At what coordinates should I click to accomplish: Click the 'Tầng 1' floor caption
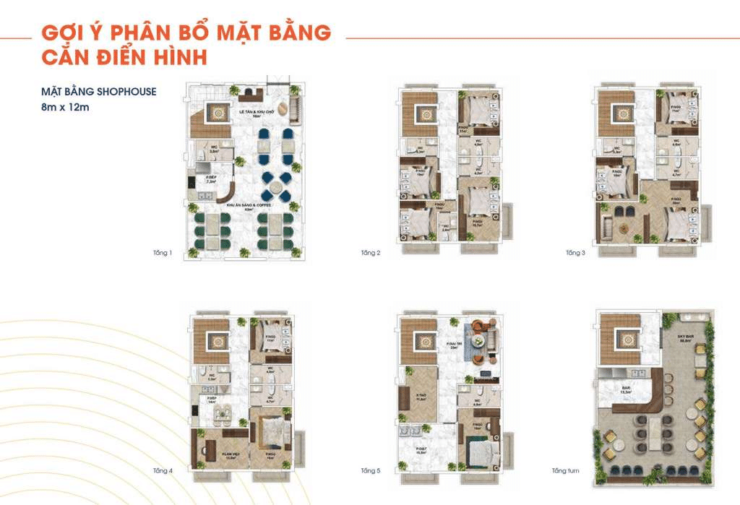(x=163, y=253)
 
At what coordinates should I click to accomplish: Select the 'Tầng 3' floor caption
(x=575, y=253)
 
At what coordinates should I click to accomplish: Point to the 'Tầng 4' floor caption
(x=163, y=471)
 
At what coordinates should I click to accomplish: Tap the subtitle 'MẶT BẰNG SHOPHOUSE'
(x=98, y=92)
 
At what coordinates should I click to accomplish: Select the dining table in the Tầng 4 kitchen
(x=216, y=410)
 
